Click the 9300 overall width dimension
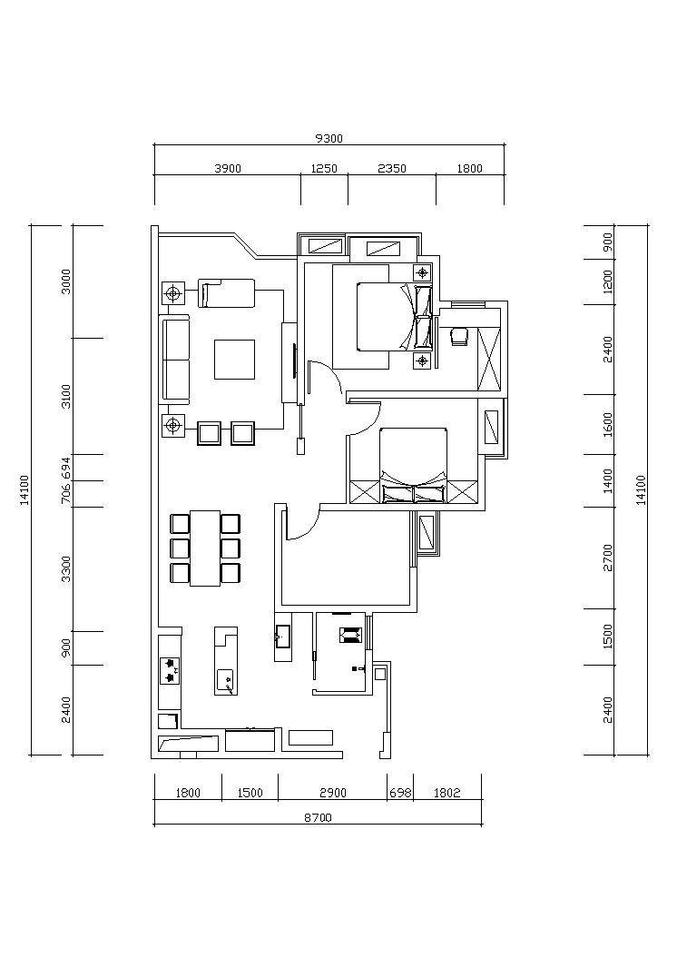pyautogui.click(x=329, y=139)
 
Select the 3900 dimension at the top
pyautogui.click(x=228, y=169)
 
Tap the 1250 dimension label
pyautogui.click(x=324, y=169)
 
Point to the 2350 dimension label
pyautogui.click(x=392, y=169)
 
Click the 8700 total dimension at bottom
pyautogui.click(x=318, y=817)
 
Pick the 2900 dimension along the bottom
pyautogui.click(x=333, y=793)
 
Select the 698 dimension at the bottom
pyautogui.click(x=400, y=793)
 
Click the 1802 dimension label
pyautogui.click(x=446, y=793)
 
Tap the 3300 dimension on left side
pyautogui.click(x=66, y=569)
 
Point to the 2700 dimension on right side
pyautogui.click(x=607, y=558)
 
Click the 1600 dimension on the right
pyautogui.click(x=607, y=424)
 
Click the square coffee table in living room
pyautogui.click(x=234, y=360)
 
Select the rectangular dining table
pyautogui.click(x=204, y=548)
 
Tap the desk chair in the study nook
pyautogui.click(x=458, y=337)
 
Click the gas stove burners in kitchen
pyautogui.click(x=169, y=670)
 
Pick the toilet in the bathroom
pyautogui.click(x=349, y=636)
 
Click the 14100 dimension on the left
pyautogui.click(x=25, y=489)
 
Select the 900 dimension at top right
pyautogui.click(x=607, y=242)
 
